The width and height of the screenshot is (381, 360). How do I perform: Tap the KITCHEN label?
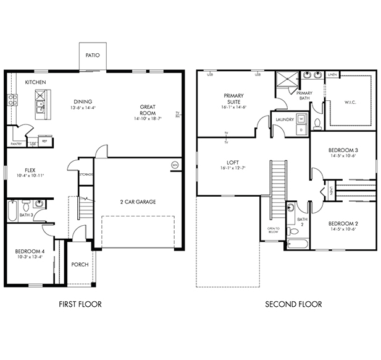pyautogui.click(x=35, y=82)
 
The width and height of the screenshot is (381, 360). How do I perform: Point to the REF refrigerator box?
pyautogui.click(x=44, y=140)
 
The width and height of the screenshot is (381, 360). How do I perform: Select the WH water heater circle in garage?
pyautogui.click(x=174, y=165)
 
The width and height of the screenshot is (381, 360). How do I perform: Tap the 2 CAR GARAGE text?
pyautogui.click(x=137, y=202)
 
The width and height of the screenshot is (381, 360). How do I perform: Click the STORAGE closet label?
pyautogui.click(x=86, y=174)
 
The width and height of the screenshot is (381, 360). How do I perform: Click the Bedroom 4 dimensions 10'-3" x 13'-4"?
pyautogui.click(x=30, y=257)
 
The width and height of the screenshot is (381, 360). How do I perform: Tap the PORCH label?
pyautogui.click(x=80, y=264)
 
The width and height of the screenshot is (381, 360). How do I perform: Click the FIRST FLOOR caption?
pyautogui.click(x=80, y=304)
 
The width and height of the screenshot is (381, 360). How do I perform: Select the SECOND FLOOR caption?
pyautogui.click(x=293, y=304)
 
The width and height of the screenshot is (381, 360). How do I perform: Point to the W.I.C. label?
pyautogui.click(x=349, y=103)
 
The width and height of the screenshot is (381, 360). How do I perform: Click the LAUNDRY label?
pyautogui.click(x=284, y=119)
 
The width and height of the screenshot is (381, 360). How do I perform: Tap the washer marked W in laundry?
pyautogui.click(x=301, y=118)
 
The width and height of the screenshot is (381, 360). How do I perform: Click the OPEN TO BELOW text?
pyautogui.click(x=274, y=231)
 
